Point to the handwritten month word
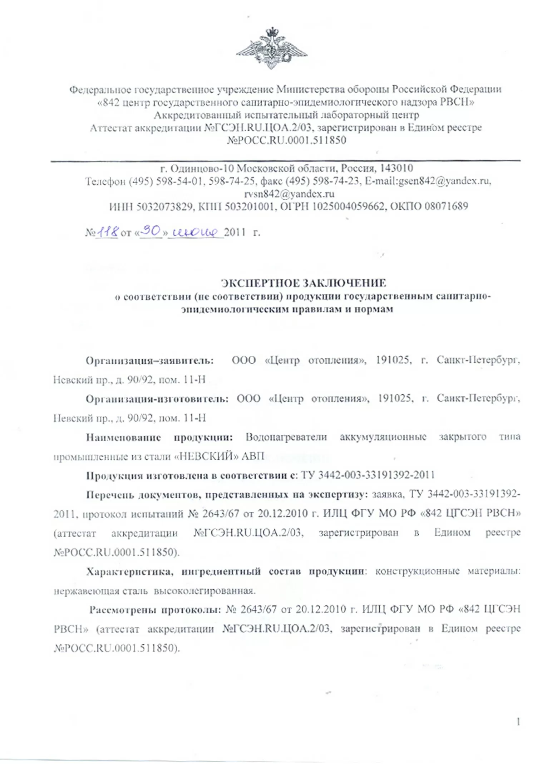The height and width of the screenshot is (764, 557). click(x=195, y=233)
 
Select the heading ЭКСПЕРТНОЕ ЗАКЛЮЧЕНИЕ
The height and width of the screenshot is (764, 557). click(x=304, y=283)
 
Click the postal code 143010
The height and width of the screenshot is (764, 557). click(x=396, y=168)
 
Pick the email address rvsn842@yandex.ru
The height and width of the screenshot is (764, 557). click(x=289, y=194)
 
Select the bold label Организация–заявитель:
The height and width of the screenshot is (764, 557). click(x=150, y=360)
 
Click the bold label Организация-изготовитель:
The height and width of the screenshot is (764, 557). click(x=157, y=399)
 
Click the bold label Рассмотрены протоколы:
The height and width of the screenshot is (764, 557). click(x=155, y=610)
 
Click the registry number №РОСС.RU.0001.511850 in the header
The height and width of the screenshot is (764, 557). click(x=286, y=140)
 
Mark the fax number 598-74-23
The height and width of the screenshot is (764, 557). click(x=336, y=181)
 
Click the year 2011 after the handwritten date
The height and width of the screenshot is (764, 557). click(x=235, y=233)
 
